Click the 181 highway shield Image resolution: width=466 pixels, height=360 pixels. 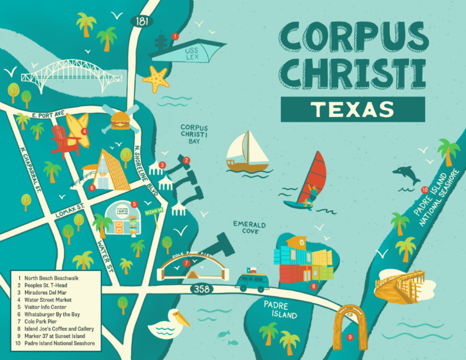tap(141, 21)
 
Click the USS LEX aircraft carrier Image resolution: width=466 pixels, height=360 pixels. tap(189, 50)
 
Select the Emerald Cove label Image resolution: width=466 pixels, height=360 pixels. tap(245, 227)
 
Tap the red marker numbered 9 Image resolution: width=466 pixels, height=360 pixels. tap(350, 337)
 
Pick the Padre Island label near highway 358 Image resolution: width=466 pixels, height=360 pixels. tap(280, 309)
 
